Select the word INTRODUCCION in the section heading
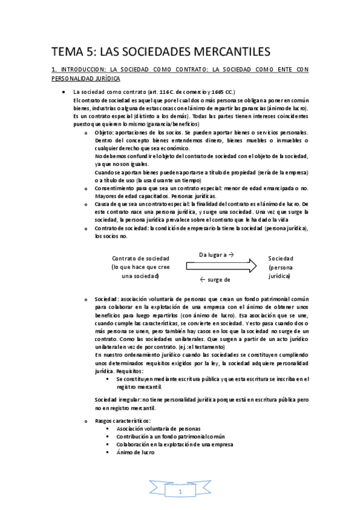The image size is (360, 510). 78,70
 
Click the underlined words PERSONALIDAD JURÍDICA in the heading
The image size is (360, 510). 85,78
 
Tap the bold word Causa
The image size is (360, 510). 102,204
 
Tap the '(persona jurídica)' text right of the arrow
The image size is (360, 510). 279,271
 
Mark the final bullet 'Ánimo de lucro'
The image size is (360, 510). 135,452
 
